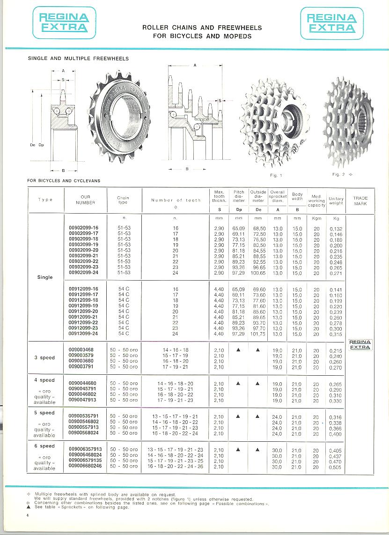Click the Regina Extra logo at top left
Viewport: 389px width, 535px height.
click(x=64, y=23)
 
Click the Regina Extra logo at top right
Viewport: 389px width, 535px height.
click(x=331, y=23)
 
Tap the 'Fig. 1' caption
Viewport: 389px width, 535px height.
click(x=276, y=175)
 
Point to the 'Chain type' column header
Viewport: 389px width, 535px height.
click(x=123, y=200)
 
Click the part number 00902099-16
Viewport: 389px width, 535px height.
click(x=84, y=228)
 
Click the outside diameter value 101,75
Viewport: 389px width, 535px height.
click(x=258, y=334)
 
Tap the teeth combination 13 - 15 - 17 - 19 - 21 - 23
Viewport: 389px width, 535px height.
click(x=172, y=450)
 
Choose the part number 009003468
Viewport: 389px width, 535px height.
click(x=81, y=350)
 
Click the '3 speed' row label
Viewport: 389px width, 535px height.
click(x=45, y=358)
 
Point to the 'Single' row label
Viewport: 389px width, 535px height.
click(x=45, y=277)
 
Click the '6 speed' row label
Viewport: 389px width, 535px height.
click(x=45, y=446)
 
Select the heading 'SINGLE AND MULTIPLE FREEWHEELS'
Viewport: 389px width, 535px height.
click(x=78, y=59)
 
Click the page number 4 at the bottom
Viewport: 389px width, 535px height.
click(x=29, y=516)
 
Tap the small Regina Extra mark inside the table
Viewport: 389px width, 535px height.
click(x=360, y=345)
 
